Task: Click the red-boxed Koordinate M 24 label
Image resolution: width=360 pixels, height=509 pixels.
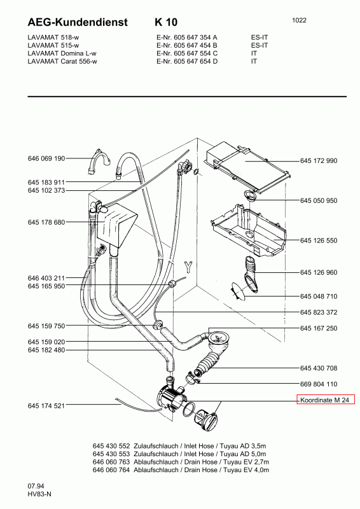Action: (x=326, y=400)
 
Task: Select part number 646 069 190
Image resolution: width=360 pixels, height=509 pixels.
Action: (x=46, y=158)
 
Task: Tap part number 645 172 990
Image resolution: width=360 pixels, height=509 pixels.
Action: (x=319, y=160)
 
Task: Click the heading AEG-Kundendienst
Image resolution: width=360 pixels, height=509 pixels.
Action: (x=78, y=22)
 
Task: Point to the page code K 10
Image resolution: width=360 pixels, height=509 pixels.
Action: (x=166, y=22)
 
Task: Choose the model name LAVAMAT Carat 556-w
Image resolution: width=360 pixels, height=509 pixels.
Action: (x=62, y=61)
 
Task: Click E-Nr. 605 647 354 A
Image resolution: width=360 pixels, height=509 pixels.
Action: (x=187, y=38)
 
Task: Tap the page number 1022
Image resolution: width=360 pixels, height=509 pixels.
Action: (x=299, y=20)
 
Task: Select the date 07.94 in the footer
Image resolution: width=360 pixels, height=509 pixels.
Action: (x=36, y=486)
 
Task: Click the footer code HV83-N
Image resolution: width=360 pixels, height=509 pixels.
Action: (x=39, y=494)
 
